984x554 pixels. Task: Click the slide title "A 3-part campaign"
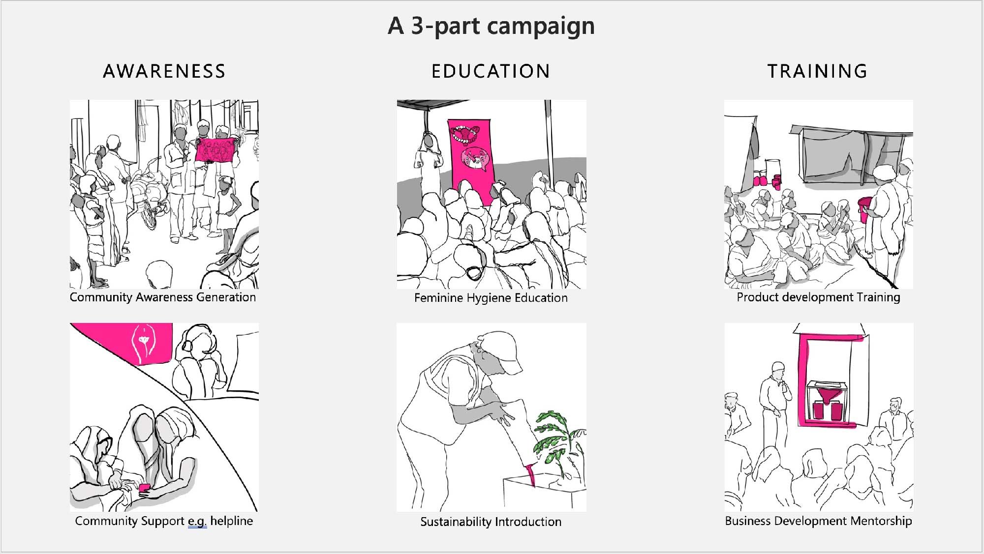point(491,26)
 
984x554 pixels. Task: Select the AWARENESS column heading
point(164,72)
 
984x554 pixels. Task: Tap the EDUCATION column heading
point(491,72)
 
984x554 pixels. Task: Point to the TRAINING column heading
point(818,72)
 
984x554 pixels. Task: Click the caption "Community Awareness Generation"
point(163,297)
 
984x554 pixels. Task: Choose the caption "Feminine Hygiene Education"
point(491,298)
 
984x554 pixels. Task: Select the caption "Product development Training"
point(818,297)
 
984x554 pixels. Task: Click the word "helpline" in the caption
point(232,521)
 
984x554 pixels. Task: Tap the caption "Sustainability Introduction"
point(491,522)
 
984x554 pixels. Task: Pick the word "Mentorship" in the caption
point(881,521)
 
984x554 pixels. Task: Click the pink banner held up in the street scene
point(215,150)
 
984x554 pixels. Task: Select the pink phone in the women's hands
point(144,488)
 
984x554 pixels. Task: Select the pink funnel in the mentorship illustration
point(827,394)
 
